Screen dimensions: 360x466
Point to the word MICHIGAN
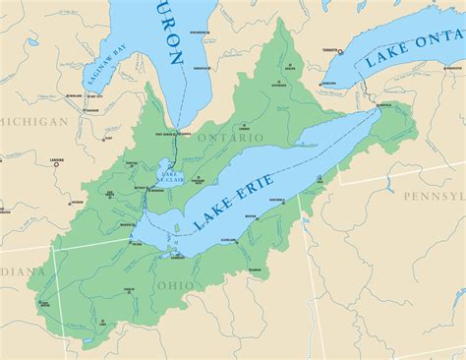pyautogui.click(x=35, y=121)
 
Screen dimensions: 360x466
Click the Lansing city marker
pyautogui.click(x=56, y=163)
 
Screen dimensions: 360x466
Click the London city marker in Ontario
pyautogui.click(x=242, y=129)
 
